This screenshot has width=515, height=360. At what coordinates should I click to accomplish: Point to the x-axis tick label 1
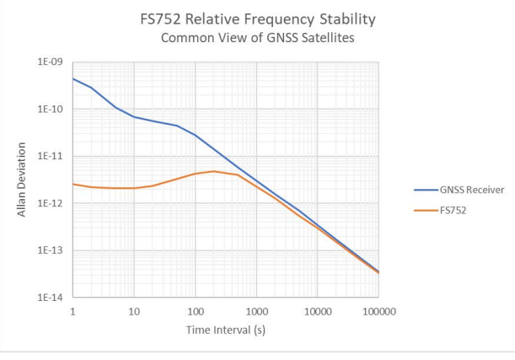(x=73, y=311)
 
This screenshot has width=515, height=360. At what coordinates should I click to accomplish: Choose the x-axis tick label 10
(x=134, y=311)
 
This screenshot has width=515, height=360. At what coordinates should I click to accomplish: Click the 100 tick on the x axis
(x=196, y=311)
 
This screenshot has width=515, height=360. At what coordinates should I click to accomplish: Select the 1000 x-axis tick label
(x=256, y=311)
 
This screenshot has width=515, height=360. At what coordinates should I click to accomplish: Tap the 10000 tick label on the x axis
(x=317, y=311)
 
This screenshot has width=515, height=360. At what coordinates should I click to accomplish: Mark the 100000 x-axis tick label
(x=378, y=311)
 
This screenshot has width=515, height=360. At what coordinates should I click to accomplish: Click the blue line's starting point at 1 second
(x=73, y=78)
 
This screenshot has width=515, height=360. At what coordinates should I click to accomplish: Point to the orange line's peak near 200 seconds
(x=214, y=171)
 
